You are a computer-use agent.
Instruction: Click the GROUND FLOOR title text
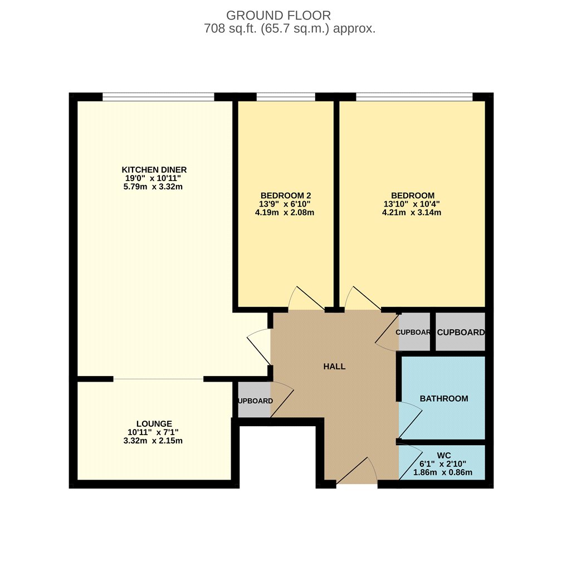tap(278, 15)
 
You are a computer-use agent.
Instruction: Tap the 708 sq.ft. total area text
tap(290, 28)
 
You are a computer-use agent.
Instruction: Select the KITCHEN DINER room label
tap(154, 170)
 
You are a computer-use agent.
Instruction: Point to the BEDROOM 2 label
tap(286, 196)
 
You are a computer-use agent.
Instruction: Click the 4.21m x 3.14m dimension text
tap(412, 213)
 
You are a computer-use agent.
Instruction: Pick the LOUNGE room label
tap(154, 424)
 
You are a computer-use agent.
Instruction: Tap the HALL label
tap(334, 367)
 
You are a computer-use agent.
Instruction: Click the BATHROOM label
tap(444, 399)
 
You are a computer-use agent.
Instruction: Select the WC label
tap(444, 456)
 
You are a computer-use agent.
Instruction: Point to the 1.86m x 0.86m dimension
tap(443, 472)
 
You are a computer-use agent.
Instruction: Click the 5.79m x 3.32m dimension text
tap(153, 187)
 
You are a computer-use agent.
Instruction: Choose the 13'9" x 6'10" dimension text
tap(285, 204)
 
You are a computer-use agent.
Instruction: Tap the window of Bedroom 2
tap(286, 97)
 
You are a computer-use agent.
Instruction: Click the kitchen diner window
tap(159, 97)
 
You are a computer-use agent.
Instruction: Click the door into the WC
tap(410, 461)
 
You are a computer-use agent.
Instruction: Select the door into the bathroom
tap(410, 421)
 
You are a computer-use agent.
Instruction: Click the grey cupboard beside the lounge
tap(255, 400)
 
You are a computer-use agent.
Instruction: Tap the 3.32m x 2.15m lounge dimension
tap(153, 441)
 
